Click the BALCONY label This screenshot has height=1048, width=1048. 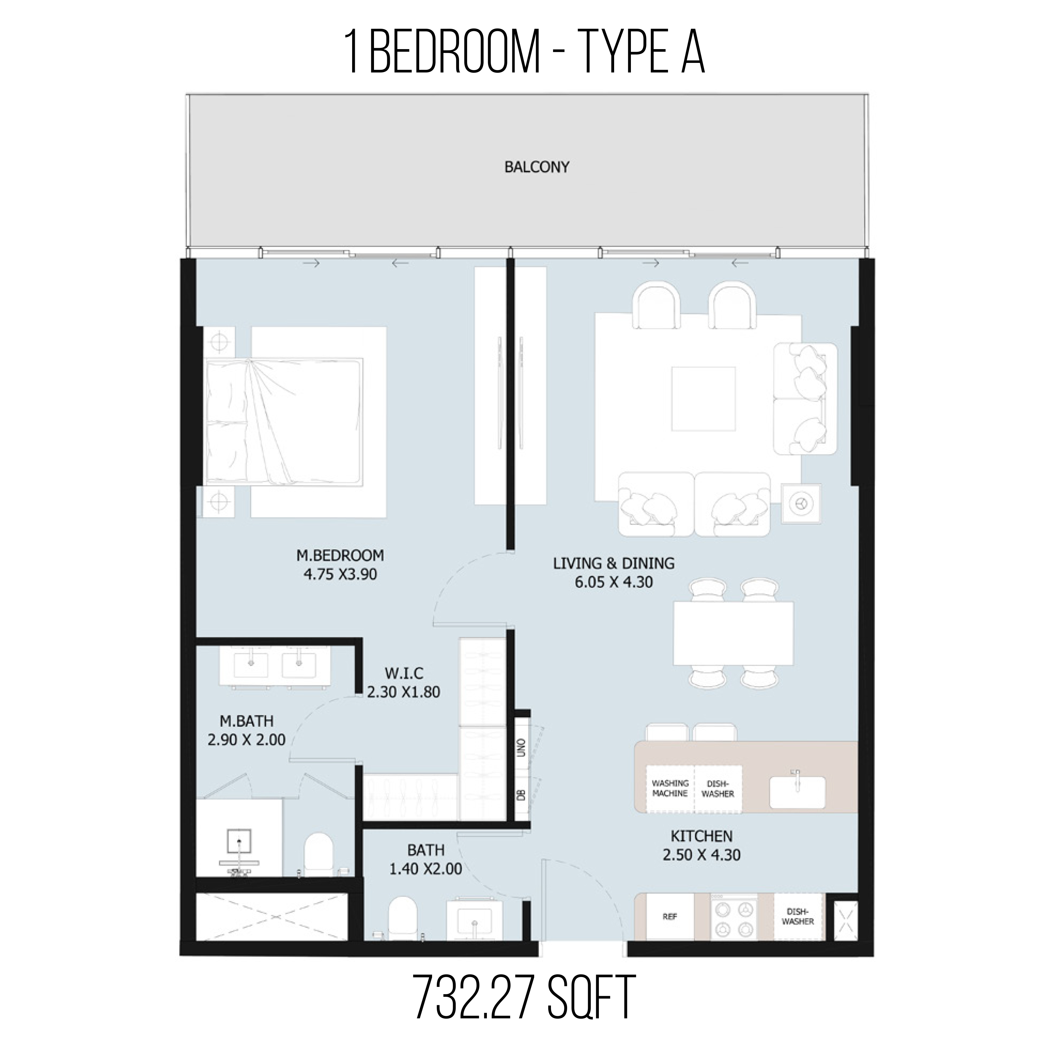537,167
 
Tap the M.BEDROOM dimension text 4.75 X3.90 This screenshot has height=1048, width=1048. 340,574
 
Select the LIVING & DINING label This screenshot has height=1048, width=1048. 614,563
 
